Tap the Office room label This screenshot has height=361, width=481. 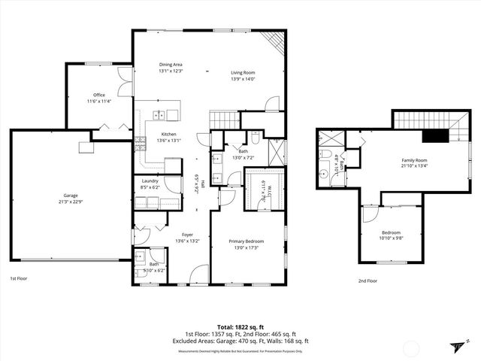98,95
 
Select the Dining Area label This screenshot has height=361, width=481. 171,65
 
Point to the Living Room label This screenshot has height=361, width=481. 243,73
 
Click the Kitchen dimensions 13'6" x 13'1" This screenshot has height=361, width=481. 168,140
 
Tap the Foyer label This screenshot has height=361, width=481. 167,235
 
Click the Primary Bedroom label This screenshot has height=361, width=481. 247,241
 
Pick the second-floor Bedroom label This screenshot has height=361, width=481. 391,232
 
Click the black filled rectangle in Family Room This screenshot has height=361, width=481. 434,135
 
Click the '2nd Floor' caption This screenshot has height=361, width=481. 368,281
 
